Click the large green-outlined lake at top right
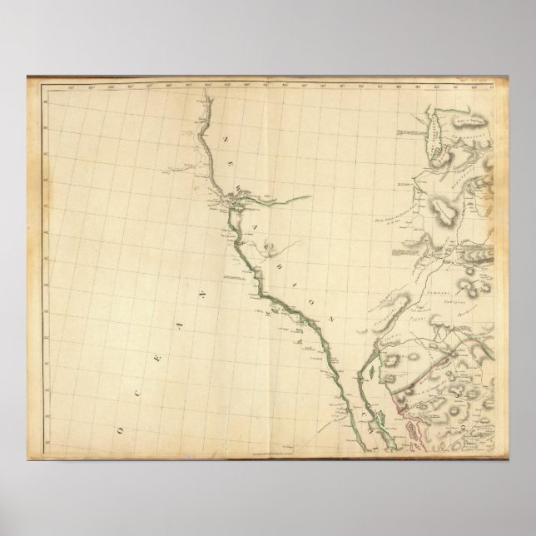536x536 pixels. pos(432,132)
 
